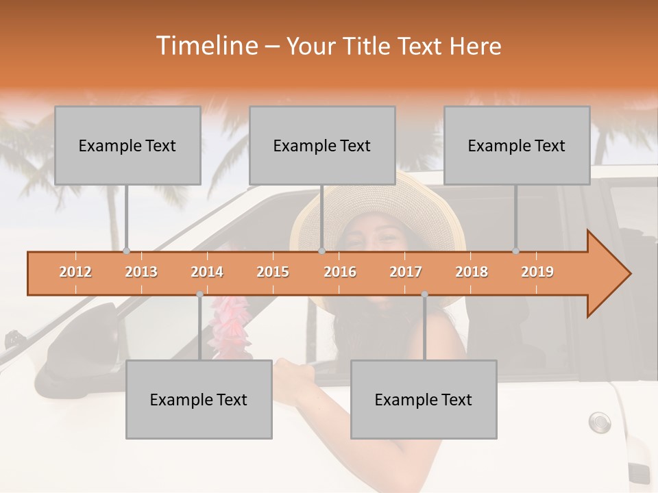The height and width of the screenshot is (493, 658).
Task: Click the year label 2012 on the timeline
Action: [x=75, y=272]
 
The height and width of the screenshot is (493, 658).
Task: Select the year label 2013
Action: [x=141, y=272]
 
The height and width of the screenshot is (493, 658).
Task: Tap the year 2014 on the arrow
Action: [x=207, y=272]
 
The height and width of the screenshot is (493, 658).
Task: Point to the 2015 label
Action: [x=273, y=272]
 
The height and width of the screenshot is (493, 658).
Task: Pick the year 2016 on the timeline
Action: [x=340, y=272]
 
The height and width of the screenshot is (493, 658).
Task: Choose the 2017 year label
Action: [x=406, y=272]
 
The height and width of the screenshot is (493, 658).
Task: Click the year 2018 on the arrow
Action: [x=472, y=272]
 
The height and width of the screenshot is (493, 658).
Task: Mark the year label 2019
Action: [x=537, y=272]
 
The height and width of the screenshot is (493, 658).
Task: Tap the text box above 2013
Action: [x=127, y=145]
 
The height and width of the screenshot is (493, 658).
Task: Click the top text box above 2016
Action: [x=322, y=145]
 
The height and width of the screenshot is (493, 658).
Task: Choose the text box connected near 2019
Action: [x=517, y=145]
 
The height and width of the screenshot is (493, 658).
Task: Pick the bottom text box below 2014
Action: [x=199, y=399]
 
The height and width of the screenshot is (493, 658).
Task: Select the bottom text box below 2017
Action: [x=424, y=399]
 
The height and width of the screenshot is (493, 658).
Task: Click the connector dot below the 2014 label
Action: [x=199, y=294]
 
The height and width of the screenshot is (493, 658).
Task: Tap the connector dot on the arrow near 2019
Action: [x=516, y=251]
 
